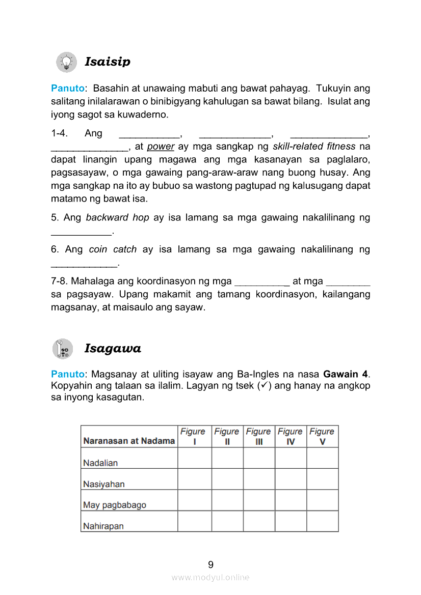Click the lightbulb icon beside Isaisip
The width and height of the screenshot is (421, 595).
(66, 62)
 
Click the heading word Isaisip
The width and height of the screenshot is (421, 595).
(108, 62)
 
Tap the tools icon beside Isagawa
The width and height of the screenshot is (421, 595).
(63, 349)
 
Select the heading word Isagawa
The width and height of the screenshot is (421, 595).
(113, 349)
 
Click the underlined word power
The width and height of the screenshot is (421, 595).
(161, 147)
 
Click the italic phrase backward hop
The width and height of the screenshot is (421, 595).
(117, 218)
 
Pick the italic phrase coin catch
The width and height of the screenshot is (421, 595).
(113, 249)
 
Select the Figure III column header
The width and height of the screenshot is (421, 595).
(258, 436)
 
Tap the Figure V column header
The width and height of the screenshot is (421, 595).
(322, 436)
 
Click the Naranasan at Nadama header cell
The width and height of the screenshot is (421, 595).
(129, 441)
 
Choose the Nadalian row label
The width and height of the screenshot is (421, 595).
(100, 463)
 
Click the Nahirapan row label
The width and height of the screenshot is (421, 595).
(103, 526)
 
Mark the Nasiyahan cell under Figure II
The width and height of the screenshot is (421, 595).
(227, 479)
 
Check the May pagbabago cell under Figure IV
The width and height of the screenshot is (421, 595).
(291, 500)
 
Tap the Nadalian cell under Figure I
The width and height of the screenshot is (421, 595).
(194, 458)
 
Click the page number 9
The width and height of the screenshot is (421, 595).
(210, 564)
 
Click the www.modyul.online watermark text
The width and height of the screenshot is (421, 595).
(210, 578)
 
